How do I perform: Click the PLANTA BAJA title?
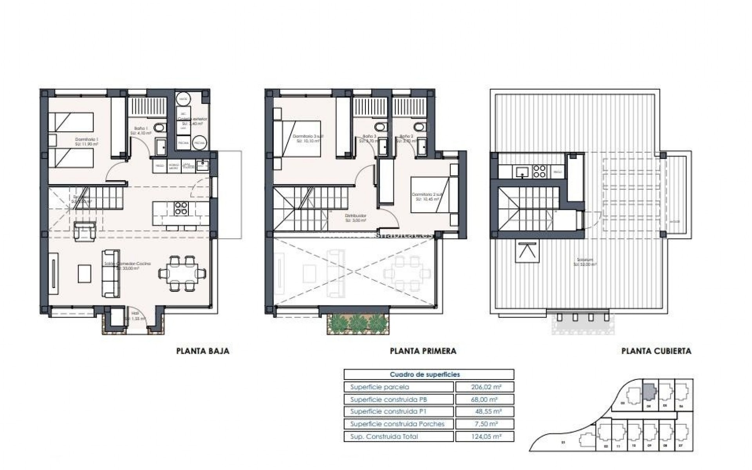click(x=203, y=351)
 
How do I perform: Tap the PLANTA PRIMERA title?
click(x=423, y=351)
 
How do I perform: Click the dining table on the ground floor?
click(x=182, y=273)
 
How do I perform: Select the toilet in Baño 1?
click(x=159, y=128)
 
